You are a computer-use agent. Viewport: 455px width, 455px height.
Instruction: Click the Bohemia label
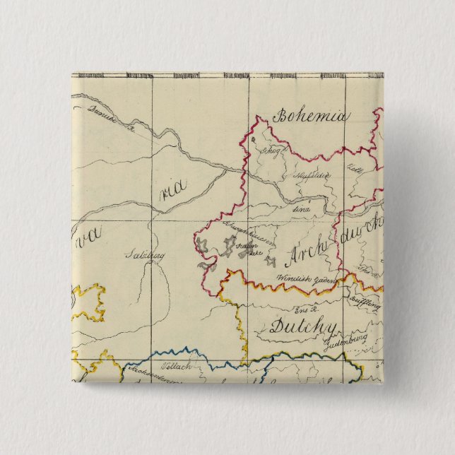click(x=312, y=116)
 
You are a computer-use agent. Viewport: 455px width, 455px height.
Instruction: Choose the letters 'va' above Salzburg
click(x=87, y=231)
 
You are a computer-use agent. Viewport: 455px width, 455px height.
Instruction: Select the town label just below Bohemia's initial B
click(x=272, y=151)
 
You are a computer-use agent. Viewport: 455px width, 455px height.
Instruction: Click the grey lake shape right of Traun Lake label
click(x=270, y=262)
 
